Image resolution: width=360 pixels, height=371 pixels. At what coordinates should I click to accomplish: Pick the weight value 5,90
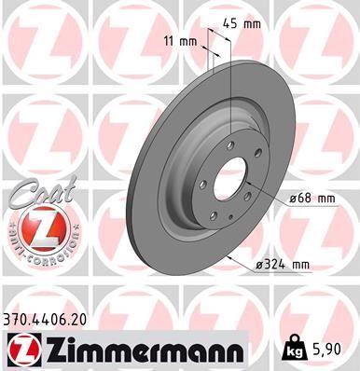329,350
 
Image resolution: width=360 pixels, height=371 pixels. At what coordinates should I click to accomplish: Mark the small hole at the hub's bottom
215,216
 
